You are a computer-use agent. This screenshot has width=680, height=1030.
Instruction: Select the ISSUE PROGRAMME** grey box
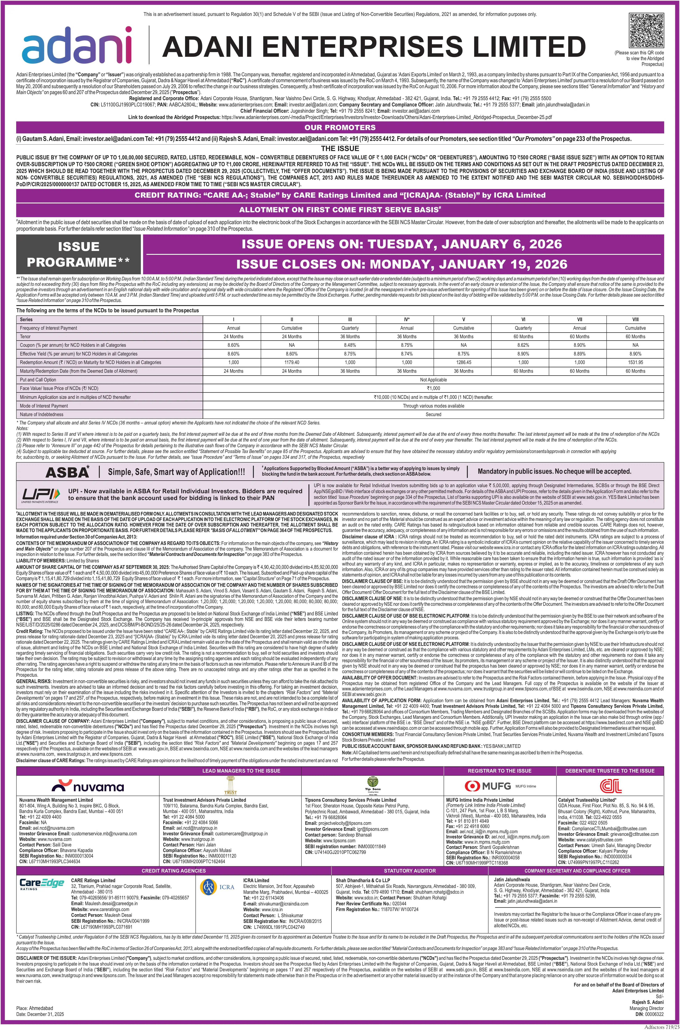tap(79, 254)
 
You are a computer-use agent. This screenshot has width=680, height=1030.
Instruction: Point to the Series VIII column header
tap(635, 319)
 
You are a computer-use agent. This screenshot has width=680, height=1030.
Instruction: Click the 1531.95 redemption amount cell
tap(635, 362)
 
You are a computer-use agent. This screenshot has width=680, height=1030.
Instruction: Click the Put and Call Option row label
tap(38, 380)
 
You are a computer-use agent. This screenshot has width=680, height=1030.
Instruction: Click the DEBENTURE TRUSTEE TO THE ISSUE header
tap(610, 770)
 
